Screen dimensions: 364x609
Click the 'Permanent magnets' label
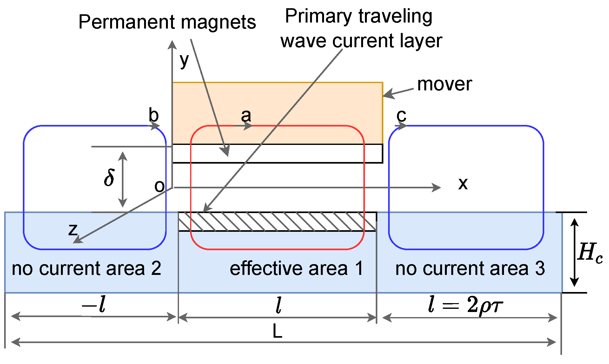tap(167, 22)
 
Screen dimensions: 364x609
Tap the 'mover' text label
tap(444, 84)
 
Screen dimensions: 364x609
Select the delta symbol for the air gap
tap(109, 178)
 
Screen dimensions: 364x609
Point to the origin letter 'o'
tap(159, 186)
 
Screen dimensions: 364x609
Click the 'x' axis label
tap(463, 184)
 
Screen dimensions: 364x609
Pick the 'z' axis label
tap(73, 229)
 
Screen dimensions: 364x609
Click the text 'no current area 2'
tap(86, 269)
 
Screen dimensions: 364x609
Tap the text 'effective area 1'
tap(296, 269)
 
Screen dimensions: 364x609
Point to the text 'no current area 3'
tap(470, 269)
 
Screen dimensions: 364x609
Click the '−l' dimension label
tap(94, 305)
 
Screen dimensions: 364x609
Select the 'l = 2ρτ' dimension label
tap(465, 305)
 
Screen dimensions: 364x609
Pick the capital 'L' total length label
tap(277, 332)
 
